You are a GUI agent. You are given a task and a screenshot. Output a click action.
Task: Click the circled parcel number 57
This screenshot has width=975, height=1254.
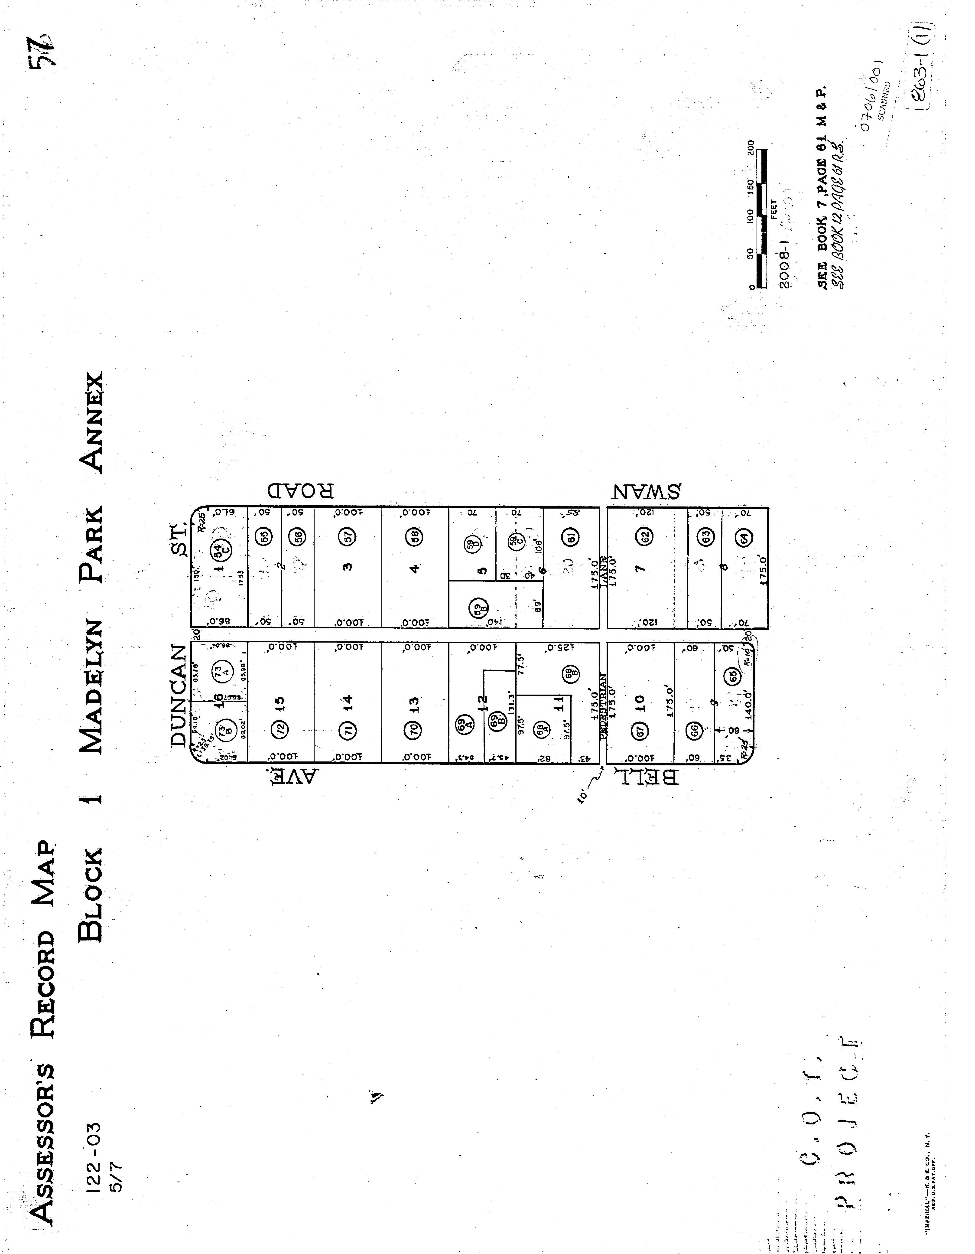[348, 537]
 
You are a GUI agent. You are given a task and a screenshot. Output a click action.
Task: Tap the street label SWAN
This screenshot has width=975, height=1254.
[646, 491]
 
